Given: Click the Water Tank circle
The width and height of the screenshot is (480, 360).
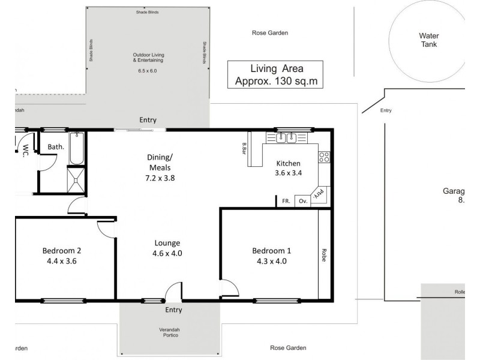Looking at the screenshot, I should pyautogui.click(x=428, y=40).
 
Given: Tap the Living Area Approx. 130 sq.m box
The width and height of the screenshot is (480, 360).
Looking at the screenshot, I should pyautogui.click(x=274, y=75).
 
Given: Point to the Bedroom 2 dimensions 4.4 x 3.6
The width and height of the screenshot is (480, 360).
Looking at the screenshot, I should pyautogui.click(x=61, y=261).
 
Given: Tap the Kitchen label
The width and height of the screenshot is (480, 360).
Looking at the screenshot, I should pyautogui.click(x=288, y=163).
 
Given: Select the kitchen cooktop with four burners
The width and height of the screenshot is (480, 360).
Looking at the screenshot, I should pyautogui.click(x=324, y=158).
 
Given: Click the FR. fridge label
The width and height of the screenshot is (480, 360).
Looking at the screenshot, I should pyautogui.click(x=286, y=202).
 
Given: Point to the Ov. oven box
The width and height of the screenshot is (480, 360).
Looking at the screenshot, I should pyautogui.click(x=302, y=201).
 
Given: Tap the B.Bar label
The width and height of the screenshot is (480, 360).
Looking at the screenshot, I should pyautogui.click(x=245, y=147).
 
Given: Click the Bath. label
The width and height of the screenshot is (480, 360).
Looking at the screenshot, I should pyautogui.click(x=56, y=146).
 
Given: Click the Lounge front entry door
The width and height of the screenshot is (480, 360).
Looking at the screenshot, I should pyautogui.click(x=173, y=292).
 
